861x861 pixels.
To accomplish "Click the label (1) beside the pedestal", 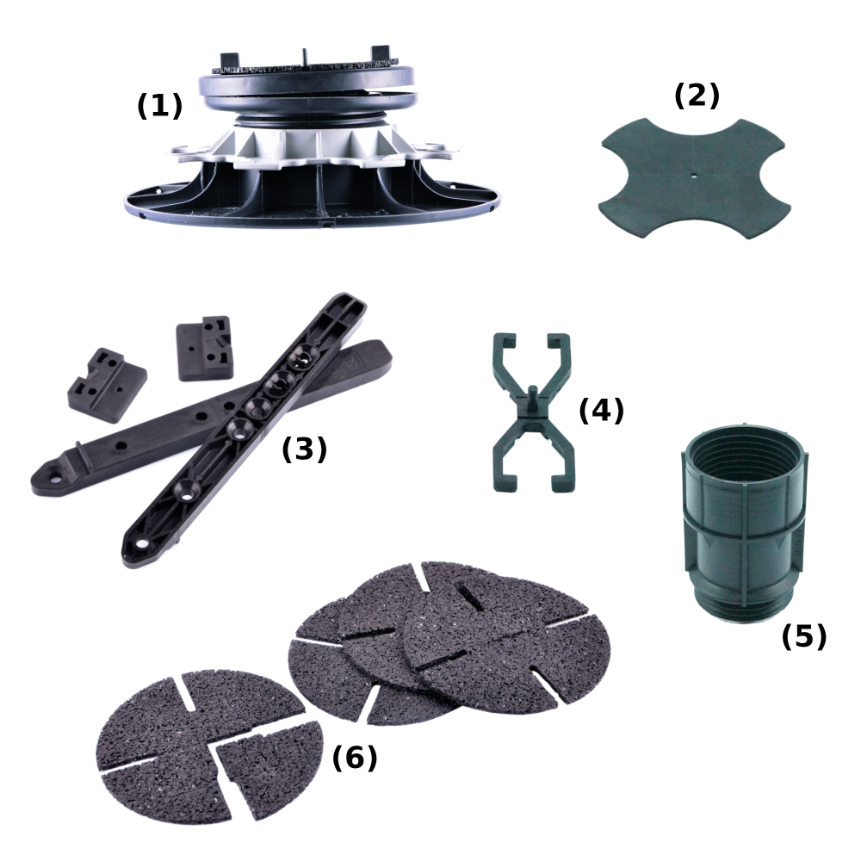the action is [x=159, y=105].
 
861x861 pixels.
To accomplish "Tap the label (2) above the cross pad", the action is [x=697, y=96].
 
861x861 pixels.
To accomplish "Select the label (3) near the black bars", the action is [x=304, y=449].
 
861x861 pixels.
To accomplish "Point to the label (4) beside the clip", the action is [x=601, y=410].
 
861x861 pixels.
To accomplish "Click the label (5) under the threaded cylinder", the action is [x=804, y=636].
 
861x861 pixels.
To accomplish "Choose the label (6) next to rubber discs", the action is [x=355, y=758].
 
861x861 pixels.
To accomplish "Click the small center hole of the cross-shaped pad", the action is [x=695, y=177].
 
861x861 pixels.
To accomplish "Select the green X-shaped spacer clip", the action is [x=531, y=412].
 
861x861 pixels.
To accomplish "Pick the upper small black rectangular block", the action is [x=204, y=348].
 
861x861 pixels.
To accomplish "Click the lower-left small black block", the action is [x=107, y=385].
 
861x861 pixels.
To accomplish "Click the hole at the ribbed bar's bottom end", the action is [x=143, y=544].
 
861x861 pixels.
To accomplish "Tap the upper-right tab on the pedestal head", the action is [x=381, y=53].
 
